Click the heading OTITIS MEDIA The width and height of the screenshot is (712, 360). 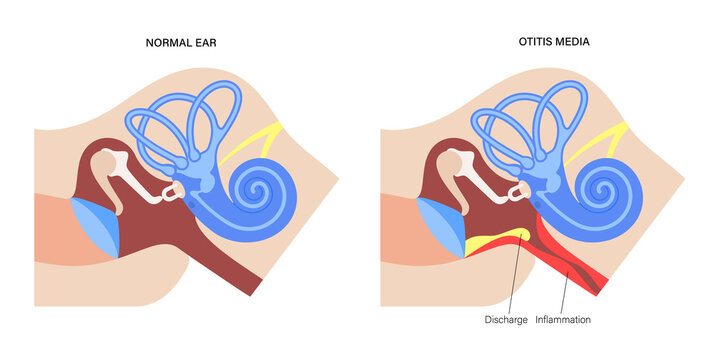[x=525, y=44]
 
